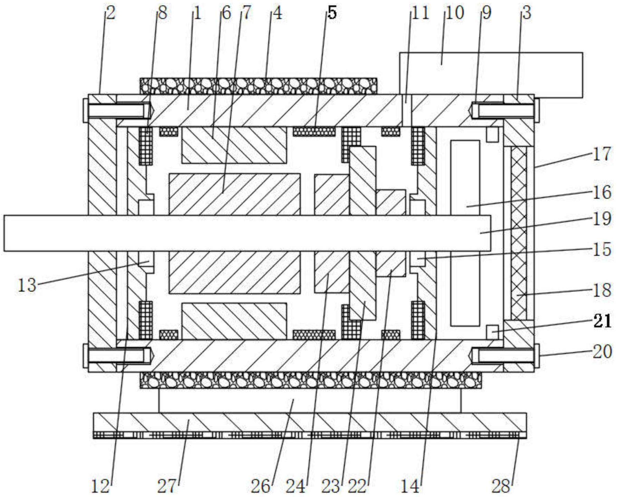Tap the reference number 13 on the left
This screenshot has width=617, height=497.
[27, 285]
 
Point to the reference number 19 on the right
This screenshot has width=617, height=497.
[602, 218]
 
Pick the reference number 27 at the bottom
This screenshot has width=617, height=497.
[167, 487]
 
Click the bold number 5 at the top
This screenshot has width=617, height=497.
[332, 13]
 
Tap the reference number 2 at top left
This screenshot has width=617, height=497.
[110, 13]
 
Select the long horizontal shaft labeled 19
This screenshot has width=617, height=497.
[247, 233]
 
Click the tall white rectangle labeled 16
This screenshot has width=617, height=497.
[465, 233]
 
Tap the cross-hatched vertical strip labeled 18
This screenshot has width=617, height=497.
[519, 233]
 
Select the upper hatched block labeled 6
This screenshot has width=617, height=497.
[234, 145]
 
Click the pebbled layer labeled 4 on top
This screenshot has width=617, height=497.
[258, 86]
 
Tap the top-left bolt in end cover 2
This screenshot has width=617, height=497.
[117, 111]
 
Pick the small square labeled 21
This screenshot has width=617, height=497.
[492, 332]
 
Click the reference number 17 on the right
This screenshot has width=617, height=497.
[602, 154]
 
